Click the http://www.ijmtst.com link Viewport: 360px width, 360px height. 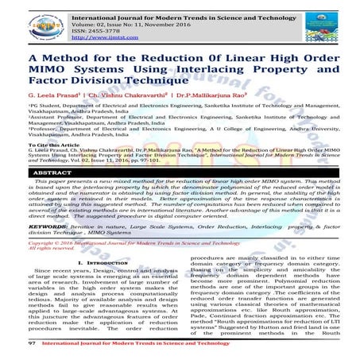(x=101, y=35)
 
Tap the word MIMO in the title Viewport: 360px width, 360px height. (x=45, y=71)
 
